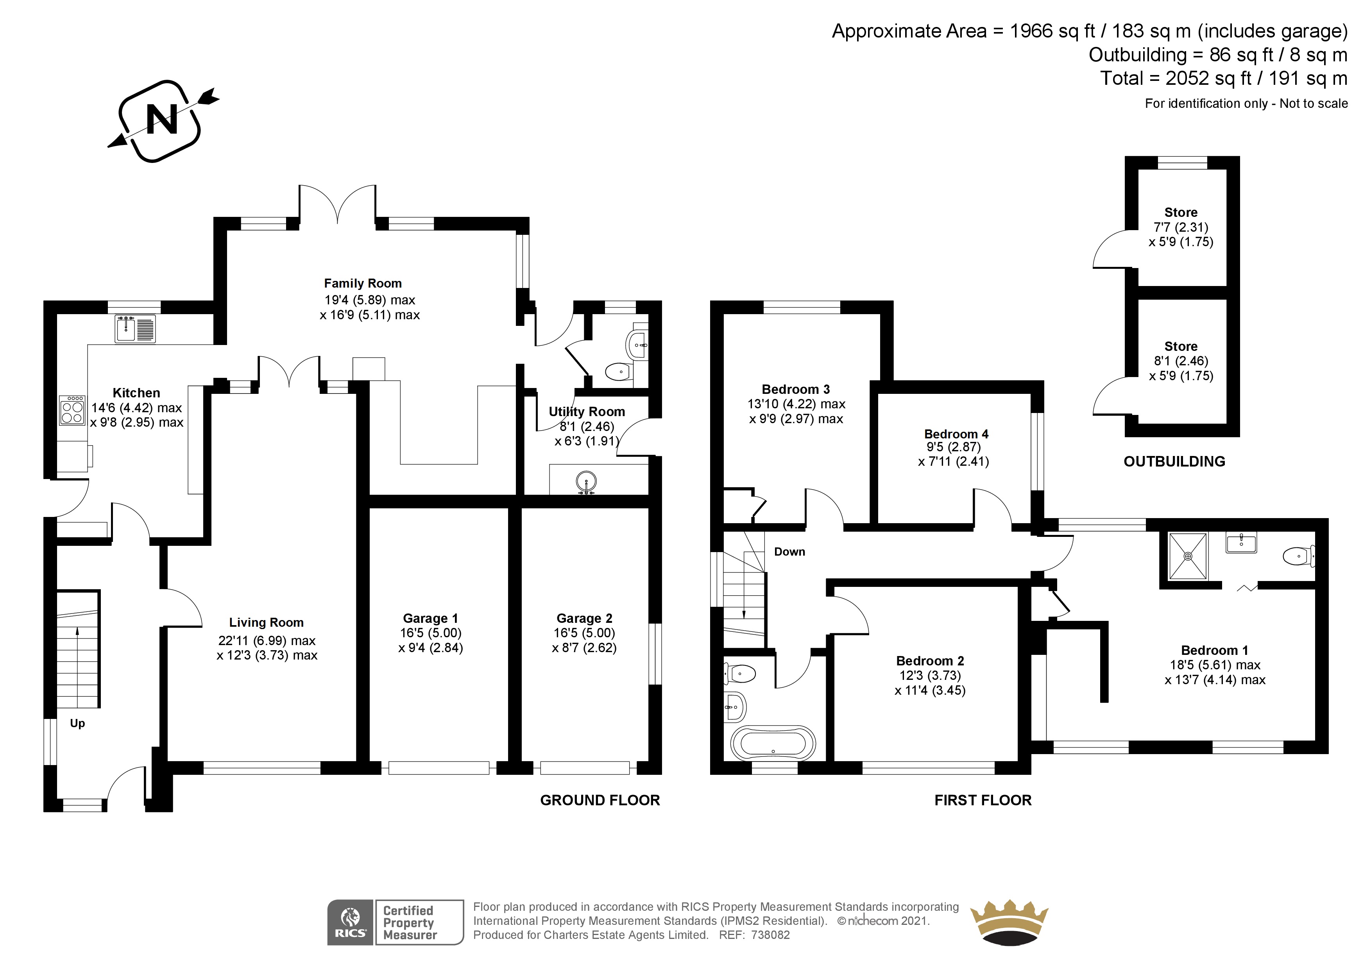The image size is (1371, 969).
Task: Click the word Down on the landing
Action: pyautogui.click(x=789, y=552)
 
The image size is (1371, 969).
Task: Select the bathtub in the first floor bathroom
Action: pyautogui.click(x=773, y=743)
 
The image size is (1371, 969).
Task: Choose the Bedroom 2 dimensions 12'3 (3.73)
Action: pyautogui.click(x=930, y=675)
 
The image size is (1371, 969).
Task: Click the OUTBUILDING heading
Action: pyautogui.click(x=1174, y=461)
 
